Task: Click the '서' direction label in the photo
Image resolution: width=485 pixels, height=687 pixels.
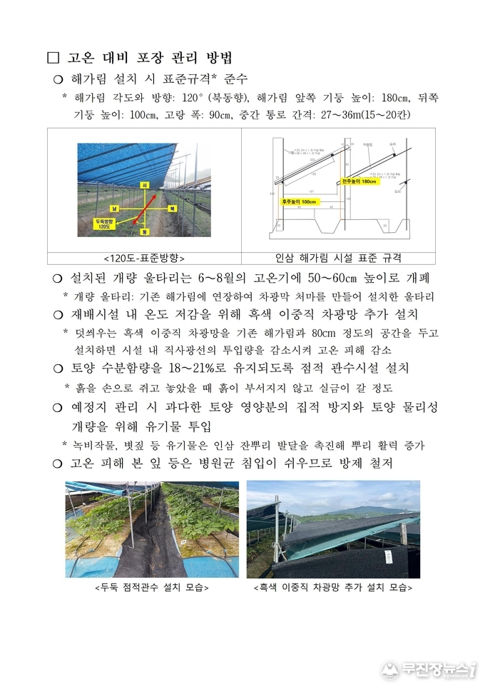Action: click(x=145, y=186)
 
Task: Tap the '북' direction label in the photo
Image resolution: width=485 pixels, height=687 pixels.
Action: click(x=171, y=209)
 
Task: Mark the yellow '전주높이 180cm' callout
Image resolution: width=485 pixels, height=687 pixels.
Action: click(x=359, y=181)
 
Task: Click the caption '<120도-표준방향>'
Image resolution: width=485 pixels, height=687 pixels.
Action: click(x=144, y=259)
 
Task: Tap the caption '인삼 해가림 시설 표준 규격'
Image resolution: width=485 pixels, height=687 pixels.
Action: click(x=337, y=259)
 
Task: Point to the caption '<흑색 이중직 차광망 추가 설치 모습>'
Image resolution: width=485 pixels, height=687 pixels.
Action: click(x=333, y=588)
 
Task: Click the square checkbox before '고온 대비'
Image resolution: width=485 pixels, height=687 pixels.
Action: click(x=51, y=57)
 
